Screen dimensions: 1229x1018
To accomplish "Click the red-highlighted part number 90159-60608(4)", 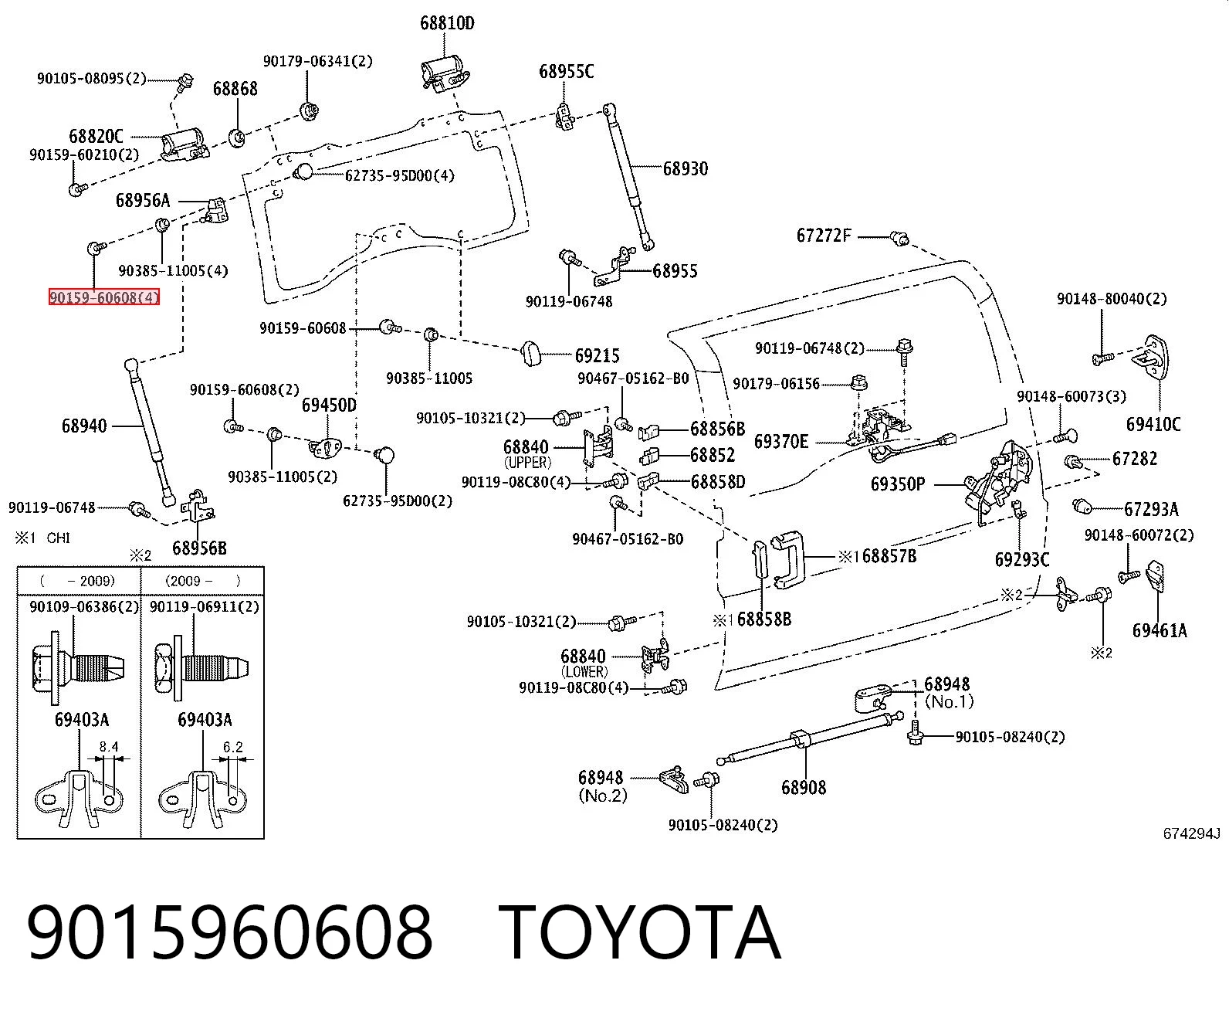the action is click(104, 297).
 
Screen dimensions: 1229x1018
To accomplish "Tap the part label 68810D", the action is click(447, 24).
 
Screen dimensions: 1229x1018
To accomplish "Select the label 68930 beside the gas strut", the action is click(685, 168).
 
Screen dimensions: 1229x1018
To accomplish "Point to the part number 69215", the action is click(597, 356).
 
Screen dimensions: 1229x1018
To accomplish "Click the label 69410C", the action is click(1153, 424).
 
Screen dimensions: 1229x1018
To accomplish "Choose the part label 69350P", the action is click(898, 484).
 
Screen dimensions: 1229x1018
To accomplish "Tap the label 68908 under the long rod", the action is click(804, 787).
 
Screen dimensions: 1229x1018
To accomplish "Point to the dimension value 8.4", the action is click(109, 747).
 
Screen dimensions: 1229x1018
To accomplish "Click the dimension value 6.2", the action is click(232, 747).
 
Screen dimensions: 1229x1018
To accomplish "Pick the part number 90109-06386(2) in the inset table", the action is click(83, 607).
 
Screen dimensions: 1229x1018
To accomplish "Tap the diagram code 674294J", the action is click(1191, 833).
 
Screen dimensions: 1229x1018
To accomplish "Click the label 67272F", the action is click(824, 236).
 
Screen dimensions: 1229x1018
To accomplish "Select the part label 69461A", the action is click(1160, 630).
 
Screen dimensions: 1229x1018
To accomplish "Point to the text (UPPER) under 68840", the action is click(527, 463).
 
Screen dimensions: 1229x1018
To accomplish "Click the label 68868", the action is click(235, 88).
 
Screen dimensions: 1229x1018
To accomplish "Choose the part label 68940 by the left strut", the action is click(84, 426).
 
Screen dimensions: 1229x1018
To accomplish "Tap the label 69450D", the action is click(329, 406).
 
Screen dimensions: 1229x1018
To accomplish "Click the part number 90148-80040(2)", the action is click(1112, 299).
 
